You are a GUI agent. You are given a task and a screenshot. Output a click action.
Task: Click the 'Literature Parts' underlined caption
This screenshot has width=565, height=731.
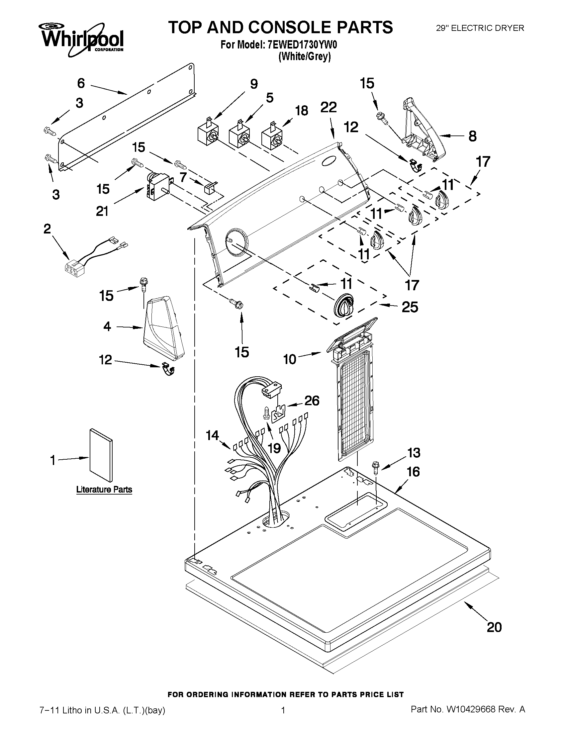coord(104,489)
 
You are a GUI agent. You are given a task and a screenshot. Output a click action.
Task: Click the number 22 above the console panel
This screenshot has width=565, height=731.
coord(329,108)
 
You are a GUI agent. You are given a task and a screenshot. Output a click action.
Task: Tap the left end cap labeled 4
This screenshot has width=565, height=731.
coord(163,330)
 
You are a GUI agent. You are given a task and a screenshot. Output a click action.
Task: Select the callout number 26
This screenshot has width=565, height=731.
coord(312,401)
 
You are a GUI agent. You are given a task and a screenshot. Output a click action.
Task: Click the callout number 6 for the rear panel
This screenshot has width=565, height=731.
coord(81,83)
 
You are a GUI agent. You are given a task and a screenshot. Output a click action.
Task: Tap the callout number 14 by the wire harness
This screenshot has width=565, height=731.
coord(212,435)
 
